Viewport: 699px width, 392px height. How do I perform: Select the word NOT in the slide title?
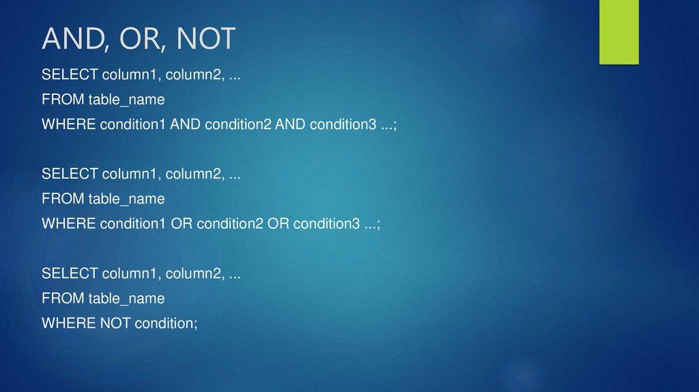pyautogui.click(x=205, y=39)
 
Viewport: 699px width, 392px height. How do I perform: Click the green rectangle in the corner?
pyautogui.click(x=618, y=32)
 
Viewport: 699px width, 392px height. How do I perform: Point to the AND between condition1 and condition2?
pyautogui.click(x=185, y=124)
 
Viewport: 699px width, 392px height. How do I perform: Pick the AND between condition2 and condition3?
pyautogui.click(x=290, y=124)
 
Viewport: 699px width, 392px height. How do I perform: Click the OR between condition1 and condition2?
pyautogui.click(x=182, y=223)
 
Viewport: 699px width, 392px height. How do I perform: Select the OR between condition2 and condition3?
pyautogui.click(x=279, y=223)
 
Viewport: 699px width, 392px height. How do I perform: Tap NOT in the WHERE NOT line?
pyautogui.click(x=115, y=323)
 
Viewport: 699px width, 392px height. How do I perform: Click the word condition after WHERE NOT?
pyautogui.click(x=165, y=323)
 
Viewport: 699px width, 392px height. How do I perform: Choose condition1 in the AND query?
pyautogui.click(x=132, y=124)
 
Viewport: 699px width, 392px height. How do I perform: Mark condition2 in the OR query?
pyautogui.click(x=230, y=223)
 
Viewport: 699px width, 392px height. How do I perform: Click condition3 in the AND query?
pyautogui.click(x=343, y=124)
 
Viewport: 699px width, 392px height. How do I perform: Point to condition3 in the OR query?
pyautogui.click(x=326, y=223)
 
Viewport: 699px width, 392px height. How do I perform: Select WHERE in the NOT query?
pyautogui.click(x=69, y=323)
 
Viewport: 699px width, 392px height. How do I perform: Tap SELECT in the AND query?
pyautogui.click(x=70, y=74)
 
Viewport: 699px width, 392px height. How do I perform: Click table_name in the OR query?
pyautogui.click(x=126, y=199)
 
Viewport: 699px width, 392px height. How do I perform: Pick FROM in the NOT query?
pyautogui.click(x=63, y=298)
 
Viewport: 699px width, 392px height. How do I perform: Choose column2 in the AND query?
pyautogui.click(x=193, y=74)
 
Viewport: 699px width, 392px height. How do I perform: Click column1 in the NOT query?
pyautogui.click(x=130, y=273)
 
